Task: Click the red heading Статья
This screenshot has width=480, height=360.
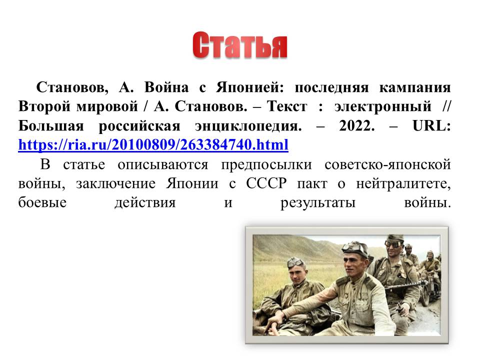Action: tap(239, 45)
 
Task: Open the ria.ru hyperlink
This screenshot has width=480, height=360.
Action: tap(153, 144)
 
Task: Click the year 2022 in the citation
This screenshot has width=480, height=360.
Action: tap(357, 125)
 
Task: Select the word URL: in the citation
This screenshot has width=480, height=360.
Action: tap(431, 125)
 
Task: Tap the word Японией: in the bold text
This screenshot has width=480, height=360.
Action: tap(250, 87)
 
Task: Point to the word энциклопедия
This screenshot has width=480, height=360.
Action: tap(248, 126)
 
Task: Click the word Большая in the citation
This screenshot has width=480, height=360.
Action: tap(51, 126)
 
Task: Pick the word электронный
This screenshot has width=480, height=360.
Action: tap(382, 107)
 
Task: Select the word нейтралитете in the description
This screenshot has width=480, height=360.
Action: tap(403, 183)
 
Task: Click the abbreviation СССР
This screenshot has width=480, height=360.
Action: tap(266, 183)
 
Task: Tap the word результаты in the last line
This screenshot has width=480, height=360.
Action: tap(318, 203)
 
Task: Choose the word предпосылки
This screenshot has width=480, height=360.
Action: tap(266, 164)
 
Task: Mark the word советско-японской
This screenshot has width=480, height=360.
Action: tap(387, 164)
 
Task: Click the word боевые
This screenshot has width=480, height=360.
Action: tap(42, 202)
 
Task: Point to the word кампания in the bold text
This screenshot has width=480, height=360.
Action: tap(415, 88)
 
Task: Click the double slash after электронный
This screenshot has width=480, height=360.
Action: tap(446, 106)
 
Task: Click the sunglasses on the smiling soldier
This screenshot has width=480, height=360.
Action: tap(393, 243)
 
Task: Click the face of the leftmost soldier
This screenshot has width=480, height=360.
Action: tap(297, 273)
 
